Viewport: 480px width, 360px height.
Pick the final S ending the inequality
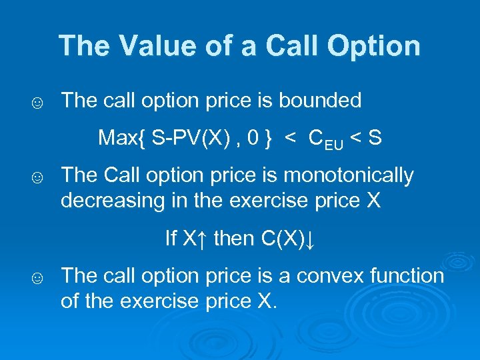point(375,138)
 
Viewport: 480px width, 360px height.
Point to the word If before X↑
point(171,238)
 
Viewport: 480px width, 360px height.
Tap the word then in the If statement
point(233,238)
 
